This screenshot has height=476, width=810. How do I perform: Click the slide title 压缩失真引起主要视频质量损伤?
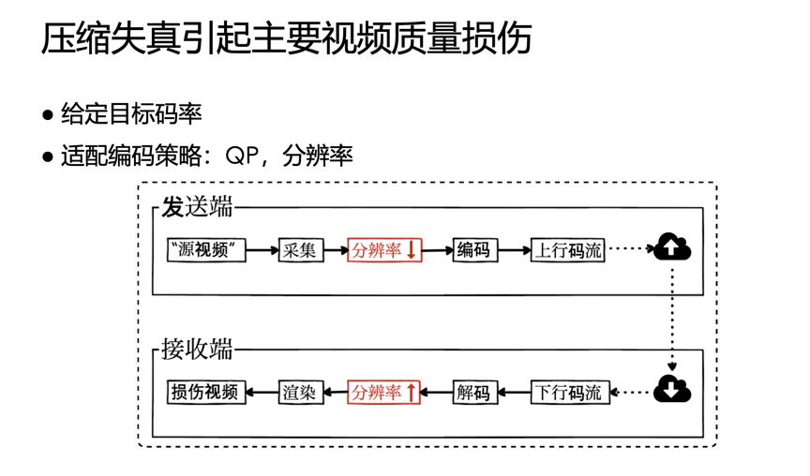click(287, 38)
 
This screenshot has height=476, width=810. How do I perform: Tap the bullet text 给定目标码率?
click(131, 113)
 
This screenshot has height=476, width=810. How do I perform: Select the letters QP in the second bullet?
click(242, 156)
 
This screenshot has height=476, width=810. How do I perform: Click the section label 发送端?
click(197, 206)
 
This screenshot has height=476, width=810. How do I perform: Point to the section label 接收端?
click(197, 349)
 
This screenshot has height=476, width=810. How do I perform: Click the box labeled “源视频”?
click(206, 250)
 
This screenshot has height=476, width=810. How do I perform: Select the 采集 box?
click(301, 250)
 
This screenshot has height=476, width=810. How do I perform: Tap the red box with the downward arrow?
click(384, 250)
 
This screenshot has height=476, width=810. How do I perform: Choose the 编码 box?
click(474, 250)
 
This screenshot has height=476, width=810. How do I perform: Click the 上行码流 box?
click(567, 250)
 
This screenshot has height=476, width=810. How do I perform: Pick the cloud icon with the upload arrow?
click(672, 246)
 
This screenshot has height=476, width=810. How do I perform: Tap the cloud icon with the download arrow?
click(672, 389)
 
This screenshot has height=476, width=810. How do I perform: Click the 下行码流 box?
click(570, 393)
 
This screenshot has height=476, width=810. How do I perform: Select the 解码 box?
click(474, 393)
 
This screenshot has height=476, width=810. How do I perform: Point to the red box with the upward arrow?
click(383, 393)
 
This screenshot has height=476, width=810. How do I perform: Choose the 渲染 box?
click(301, 393)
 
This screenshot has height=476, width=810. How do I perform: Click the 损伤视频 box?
click(206, 393)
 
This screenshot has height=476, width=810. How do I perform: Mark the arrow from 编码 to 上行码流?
click(514, 250)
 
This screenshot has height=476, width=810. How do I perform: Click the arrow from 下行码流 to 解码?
click(514, 393)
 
